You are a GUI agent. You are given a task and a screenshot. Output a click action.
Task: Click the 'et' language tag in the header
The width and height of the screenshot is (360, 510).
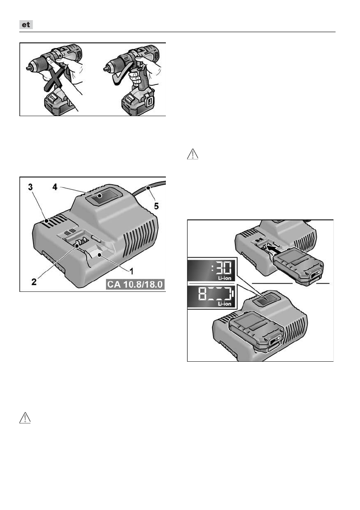tap(26, 25)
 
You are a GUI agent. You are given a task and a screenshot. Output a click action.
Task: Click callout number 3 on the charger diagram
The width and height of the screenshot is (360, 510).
tap(30, 187)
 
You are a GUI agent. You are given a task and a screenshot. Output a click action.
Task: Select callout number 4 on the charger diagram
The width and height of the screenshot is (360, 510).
tap(55, 187)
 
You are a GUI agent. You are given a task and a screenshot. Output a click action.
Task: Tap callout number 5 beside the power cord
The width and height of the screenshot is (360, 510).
tap(156, 206)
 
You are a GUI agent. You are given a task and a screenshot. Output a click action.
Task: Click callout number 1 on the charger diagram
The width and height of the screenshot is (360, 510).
tap(132, 270)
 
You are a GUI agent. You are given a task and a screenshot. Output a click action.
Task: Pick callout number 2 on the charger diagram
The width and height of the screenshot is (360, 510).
tap(34, 282)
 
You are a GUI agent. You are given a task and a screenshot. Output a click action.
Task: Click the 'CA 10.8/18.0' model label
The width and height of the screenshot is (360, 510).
tap(135, 284)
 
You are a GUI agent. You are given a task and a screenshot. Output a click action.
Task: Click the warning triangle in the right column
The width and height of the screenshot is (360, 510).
tap(192, 154)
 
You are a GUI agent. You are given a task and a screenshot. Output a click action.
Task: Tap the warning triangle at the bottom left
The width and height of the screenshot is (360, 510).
tap(25, 418)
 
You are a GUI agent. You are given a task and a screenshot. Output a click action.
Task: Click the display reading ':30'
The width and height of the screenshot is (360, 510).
tap(211, 270)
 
